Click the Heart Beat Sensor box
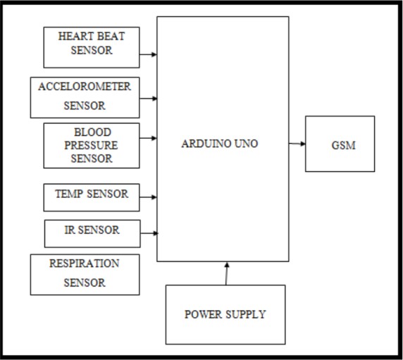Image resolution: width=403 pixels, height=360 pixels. (92, 47)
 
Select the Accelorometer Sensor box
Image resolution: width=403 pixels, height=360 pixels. (85, 98)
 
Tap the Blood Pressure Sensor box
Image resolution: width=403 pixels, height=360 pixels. (92, 146)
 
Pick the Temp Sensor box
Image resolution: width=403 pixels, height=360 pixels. (92, 197)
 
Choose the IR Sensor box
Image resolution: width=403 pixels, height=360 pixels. (92, 234)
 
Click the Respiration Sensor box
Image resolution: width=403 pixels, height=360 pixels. (85, 275)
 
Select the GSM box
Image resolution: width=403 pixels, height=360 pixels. (340, 144)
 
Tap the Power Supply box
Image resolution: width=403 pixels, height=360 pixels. (225, 314)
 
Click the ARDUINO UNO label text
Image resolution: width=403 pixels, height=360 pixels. (220, 144)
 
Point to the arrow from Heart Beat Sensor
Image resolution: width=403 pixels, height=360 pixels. (148, 54)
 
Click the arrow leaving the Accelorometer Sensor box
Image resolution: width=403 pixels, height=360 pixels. (148, 99)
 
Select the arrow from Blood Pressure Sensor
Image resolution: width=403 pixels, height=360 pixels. (148, 138)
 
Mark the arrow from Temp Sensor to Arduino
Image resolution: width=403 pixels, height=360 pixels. (148, 197)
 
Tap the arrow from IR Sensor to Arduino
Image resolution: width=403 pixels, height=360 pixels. (149, 233)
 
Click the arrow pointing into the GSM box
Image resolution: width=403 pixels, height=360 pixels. (297, 144)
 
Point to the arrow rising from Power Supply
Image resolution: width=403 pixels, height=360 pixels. (226, 273)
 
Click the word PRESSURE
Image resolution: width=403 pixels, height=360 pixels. (91, 145)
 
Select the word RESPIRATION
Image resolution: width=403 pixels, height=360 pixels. (85, 263)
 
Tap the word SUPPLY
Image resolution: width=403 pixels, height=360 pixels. (246, 314)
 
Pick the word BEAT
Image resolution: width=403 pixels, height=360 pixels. (111, 36)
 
